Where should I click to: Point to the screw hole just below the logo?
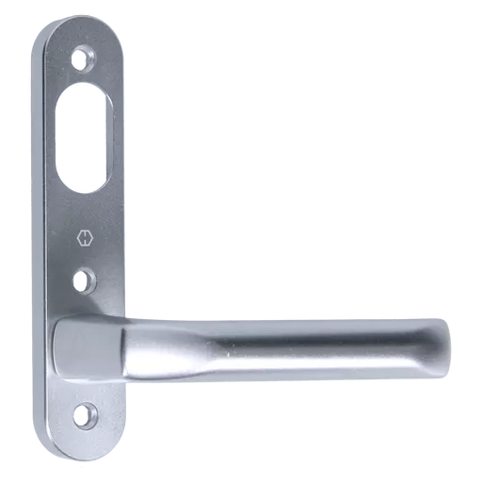click(85, 279)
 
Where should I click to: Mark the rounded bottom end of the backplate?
click(83, 450)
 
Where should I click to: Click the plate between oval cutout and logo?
click(83, 213)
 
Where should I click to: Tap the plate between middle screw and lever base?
click(85, 303)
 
